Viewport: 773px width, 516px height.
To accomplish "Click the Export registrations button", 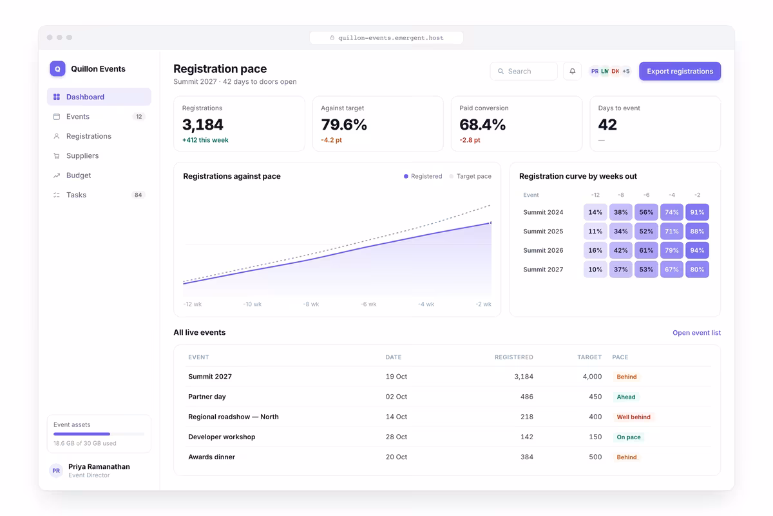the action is coord(680,71).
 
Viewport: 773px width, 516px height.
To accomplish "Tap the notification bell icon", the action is coord(572,71).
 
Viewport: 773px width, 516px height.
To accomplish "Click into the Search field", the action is coord(524,71).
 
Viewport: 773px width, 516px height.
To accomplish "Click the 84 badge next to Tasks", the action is coord(138,195).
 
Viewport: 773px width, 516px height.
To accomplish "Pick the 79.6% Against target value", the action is coord(344,124).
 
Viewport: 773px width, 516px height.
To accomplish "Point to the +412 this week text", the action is coord(205,140).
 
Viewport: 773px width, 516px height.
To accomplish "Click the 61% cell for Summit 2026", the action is coord(646,250).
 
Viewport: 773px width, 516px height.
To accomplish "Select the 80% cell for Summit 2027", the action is coord(697,269).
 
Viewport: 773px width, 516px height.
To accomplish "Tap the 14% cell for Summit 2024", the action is coord(595,212).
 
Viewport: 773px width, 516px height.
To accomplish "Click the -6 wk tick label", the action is coord(368,304).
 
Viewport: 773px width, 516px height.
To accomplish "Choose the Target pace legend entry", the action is coord(470,176).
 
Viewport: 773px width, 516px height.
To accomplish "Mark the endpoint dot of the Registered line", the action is coord(491,223).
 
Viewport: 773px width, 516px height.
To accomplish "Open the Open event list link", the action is coord(696,332).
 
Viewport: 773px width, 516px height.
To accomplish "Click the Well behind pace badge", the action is coord(634,417).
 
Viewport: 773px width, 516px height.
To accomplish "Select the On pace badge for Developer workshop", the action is coord(629,437).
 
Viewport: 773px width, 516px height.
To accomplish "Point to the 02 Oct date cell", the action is coord(396,397).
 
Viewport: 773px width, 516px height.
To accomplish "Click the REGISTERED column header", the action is coord(514,357).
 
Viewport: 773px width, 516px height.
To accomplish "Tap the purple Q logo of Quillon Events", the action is coord(57,69).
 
